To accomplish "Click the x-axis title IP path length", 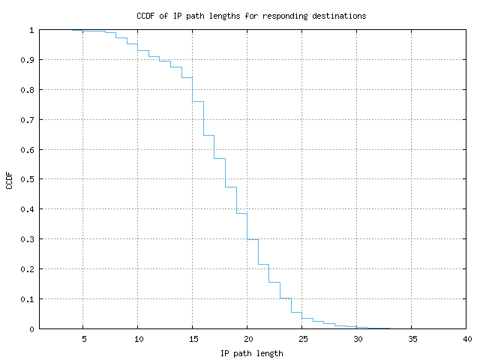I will coord(251,352).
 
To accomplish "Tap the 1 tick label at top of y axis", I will coord(31,30).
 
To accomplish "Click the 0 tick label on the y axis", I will coord(31,328).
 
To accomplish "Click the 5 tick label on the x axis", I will coord(83,339).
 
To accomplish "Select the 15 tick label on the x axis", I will coord(193,339).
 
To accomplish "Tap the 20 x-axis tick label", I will coord(247,339).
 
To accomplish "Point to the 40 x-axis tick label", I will coord(466,339).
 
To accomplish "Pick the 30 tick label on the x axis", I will coord(357,339).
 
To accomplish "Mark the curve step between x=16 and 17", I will coord(209,136).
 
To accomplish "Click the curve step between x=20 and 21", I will coord(253,239).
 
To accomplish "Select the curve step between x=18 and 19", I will coord(231,187).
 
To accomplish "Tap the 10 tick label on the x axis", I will coord(138,339).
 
